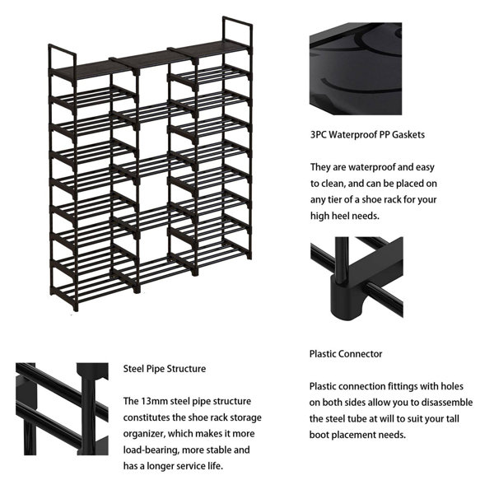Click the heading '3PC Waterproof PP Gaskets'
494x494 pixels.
pyautogui.click(x=356, y=134)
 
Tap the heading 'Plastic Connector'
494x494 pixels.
pyautogui.click(x=346, y=353)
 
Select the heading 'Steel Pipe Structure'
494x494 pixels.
pyautogui.click(x=165, y=368)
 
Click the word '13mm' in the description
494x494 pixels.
pyautogui.click(x=152, y=401)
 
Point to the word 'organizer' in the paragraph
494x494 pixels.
pyautogui.click(x=146, y=434)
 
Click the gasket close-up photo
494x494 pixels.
pyautogui.click(x=356, y=70)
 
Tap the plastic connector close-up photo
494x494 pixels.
pyautogui.click(x=357, y=277)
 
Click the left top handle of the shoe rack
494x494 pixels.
pyautogui.click(x=63, y=58)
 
